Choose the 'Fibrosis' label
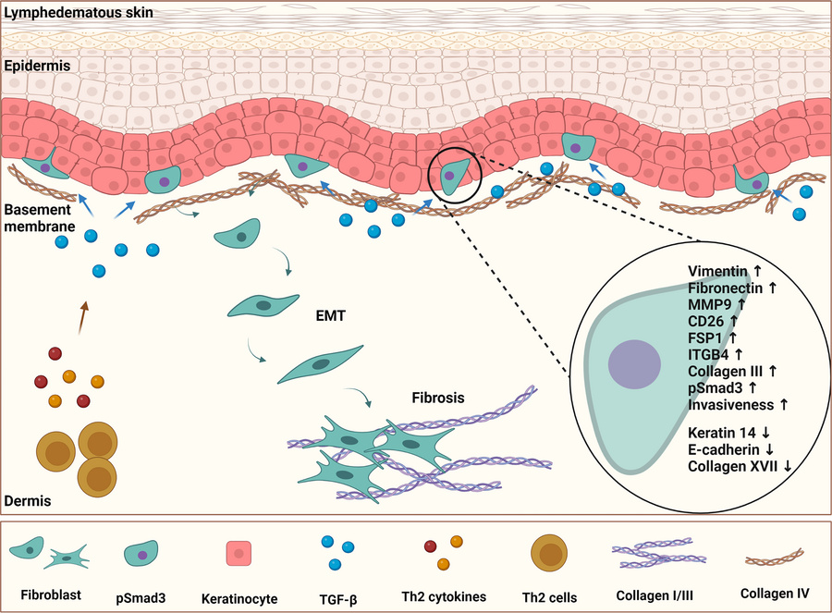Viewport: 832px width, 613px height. [x=438, y=398]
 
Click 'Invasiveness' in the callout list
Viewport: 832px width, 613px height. [x=732, y=404]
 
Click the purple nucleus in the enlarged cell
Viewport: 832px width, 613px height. [x=633, y=362]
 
